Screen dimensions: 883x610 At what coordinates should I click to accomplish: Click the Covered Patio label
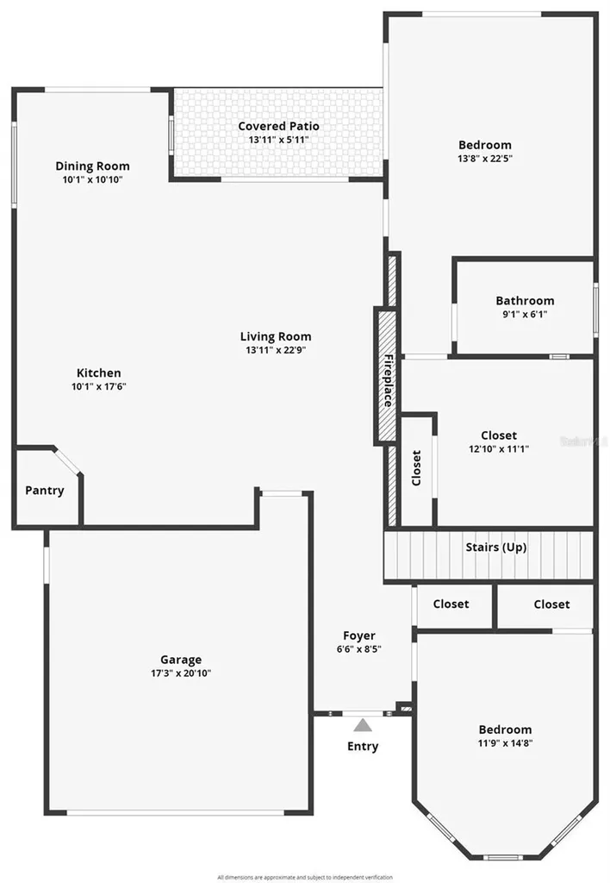(278, 127)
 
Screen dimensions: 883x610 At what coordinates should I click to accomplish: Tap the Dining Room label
(92, 166)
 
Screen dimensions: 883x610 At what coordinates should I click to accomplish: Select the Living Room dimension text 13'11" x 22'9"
(276, 350)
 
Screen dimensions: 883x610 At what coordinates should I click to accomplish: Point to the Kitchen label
(99, 373)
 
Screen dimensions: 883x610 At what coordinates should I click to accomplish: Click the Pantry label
(44, 491)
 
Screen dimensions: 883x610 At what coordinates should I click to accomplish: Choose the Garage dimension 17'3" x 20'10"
(181, 673)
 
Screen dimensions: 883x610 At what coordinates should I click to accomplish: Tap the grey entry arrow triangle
(363, 725)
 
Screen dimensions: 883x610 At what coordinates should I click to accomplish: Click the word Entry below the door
(363, 746)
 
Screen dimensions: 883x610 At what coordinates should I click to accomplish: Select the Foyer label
(359, 636)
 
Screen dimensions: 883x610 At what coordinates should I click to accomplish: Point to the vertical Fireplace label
(389, 380)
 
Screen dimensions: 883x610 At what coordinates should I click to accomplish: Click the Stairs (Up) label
(495, 547)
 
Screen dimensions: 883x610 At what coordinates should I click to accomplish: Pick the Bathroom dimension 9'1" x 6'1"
(525, 314)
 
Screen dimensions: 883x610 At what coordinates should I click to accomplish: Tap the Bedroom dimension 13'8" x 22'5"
(484, 159)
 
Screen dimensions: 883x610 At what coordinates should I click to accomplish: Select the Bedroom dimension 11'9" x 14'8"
(505, 742)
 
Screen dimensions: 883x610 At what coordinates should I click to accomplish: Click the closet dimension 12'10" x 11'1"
(499, 449)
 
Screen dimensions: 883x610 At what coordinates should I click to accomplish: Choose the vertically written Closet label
(417, 468)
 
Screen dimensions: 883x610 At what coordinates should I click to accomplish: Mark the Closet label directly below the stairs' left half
(451, 604)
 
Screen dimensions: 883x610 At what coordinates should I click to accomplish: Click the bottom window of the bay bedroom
(504, 856)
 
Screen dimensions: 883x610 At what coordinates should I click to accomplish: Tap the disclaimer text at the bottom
(305, 876)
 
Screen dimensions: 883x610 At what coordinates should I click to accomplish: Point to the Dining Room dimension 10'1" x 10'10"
(92, 179)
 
